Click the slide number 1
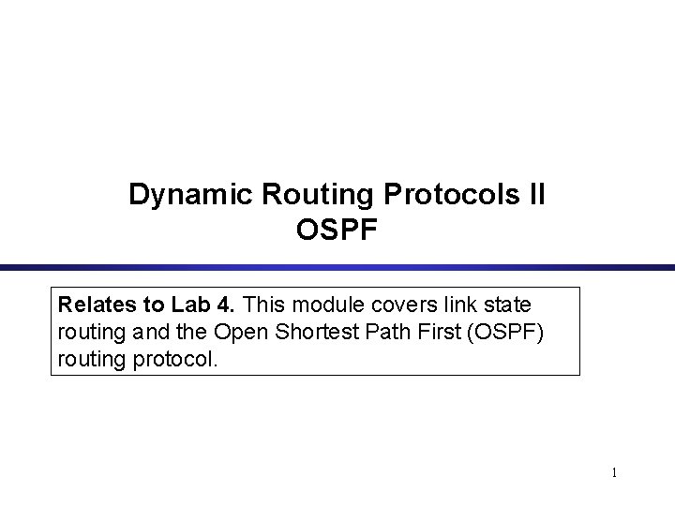(x=614, y=473)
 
